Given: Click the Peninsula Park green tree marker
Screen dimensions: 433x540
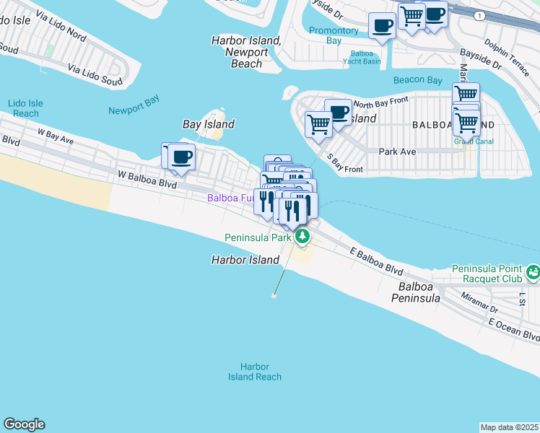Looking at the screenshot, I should tap(303, 236).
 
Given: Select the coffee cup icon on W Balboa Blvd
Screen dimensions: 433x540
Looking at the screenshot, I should tap(181, 157).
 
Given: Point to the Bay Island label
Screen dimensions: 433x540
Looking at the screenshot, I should tap(208, 124).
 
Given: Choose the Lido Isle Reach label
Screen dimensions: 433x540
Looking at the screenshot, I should tap(26, 108).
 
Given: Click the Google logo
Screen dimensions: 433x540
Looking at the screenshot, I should tap(24, 424).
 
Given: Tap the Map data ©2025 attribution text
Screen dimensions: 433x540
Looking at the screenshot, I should tap(509, 427).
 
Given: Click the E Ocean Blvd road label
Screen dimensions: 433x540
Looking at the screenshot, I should tap(513, 331).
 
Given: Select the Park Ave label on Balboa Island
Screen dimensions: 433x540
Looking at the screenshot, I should tap(398, 152).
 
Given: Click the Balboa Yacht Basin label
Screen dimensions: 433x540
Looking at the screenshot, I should tap(365, 57).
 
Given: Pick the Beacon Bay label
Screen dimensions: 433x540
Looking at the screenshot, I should tap(417, 79).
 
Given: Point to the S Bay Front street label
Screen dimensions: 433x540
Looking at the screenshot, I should tap(344, 164).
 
